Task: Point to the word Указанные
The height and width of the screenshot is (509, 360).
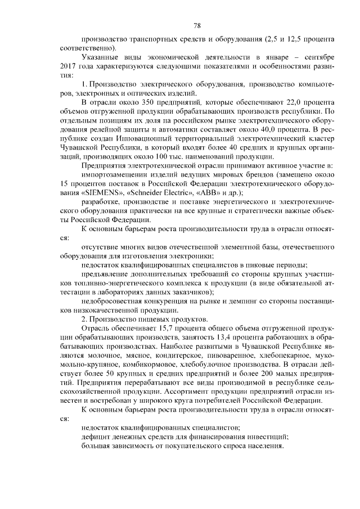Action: (x=101, y=57)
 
